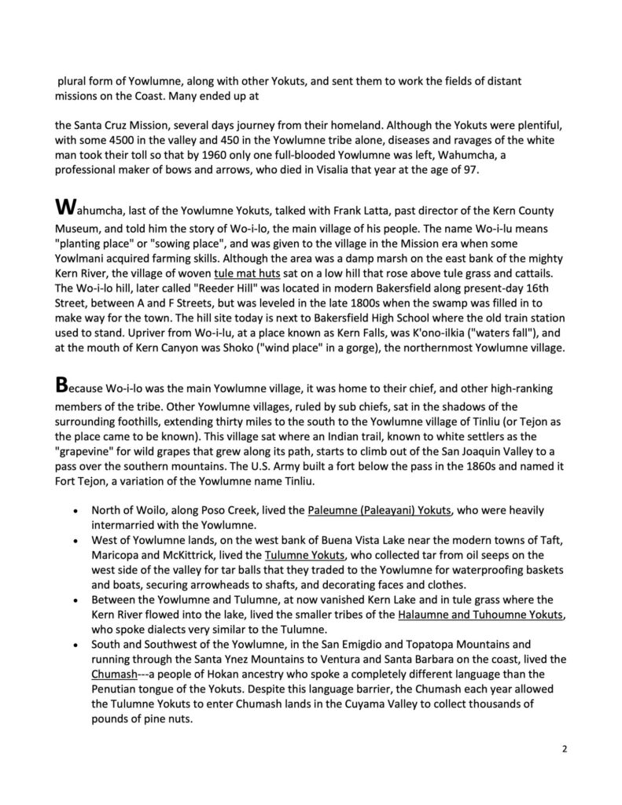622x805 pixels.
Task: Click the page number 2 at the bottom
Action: [565, 748]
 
